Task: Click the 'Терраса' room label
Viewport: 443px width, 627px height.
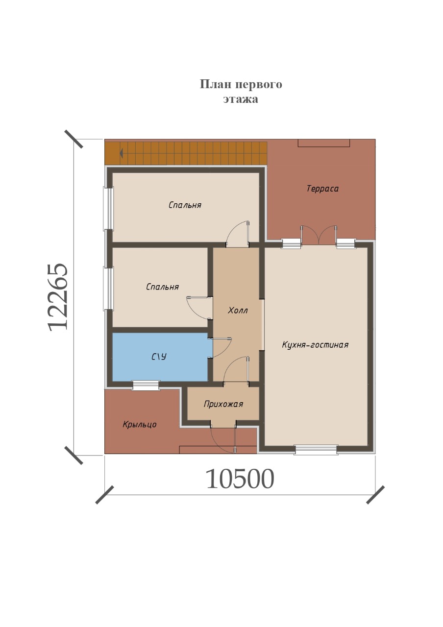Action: [x=322, y=189]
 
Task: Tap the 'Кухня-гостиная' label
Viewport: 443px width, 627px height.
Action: [x=315, y=344]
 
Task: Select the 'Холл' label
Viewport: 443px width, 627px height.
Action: [x=238, y=311]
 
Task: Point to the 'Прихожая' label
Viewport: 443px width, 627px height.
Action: [x=223, y=404]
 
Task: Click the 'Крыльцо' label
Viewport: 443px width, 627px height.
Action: [x=140, y=425]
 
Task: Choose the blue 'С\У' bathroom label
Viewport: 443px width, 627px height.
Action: [x=159, y=357]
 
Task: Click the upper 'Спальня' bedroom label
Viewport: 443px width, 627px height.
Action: [x=185, y=205]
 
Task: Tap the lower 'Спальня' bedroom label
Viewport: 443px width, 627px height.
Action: [x=162, y=287]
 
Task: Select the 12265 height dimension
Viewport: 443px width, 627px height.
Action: [x=58, y=297]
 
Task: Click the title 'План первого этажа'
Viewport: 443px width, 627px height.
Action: [x=241, y=91]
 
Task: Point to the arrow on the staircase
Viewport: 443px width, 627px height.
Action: [x=122, y=153]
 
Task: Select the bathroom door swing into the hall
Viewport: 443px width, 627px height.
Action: [x=221, y=347]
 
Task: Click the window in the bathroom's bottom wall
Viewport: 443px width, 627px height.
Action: [x=146, y=386]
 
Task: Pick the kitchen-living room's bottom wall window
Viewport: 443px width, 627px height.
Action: [x=316, y=449]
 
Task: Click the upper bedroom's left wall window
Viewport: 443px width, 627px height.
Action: [x=109, y=209]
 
